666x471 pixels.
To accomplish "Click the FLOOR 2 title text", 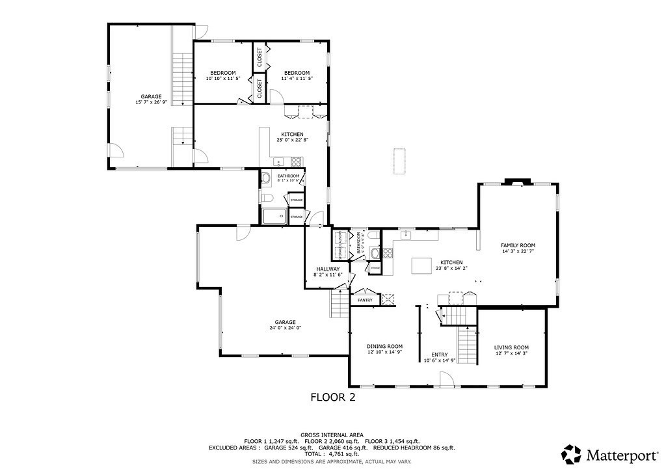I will pyautogui.click(x=332, y=397).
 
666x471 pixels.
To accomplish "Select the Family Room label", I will pyautogui.click(x=518, y=249).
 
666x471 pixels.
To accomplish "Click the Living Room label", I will pyautogui.click(x=511, y=351).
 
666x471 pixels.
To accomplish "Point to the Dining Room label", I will pyautogui.click(x=385, y=349).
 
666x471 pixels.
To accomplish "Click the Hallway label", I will pyautogui.click(x=328, y=272).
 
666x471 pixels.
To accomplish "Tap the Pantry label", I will pyautogui.click(x=365, y=300).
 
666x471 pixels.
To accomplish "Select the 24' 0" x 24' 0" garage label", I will pyautogui.click(x=285, y=325).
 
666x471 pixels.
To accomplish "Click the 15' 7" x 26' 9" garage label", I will pyautogui.click(x=151, y=100).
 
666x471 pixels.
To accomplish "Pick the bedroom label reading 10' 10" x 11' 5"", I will pyautogui.click(x=223, y=75).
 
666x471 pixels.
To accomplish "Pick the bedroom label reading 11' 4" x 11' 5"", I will pyautogui.click(x=297, y=75).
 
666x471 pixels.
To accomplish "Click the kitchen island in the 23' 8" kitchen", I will pyautogui.click(x=423, y=265).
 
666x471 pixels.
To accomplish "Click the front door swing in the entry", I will pyautogui.click(x=446, y=379).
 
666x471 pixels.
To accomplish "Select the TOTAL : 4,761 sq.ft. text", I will pyautogui.click(x=332, y=454).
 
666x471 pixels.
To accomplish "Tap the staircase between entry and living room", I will pyautogui.click(x=467, y=342).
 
